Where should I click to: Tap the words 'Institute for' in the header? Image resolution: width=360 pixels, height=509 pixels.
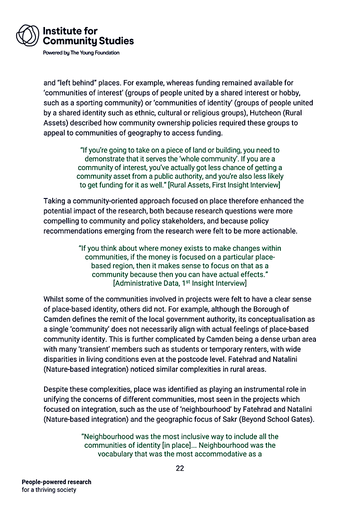tap(70, 31)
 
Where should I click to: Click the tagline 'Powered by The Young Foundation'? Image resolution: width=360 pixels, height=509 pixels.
tap(81, 53)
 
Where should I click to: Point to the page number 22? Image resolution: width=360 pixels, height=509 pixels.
tap(180, 468)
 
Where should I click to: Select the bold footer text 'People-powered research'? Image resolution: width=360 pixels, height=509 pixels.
tap(56, 482)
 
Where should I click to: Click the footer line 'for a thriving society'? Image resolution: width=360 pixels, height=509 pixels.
tap(49, 490)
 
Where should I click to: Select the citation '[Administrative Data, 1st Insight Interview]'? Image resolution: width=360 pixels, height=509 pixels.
tap(180, 283)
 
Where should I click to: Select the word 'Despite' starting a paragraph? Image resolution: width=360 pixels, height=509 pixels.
tap(56, 389)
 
